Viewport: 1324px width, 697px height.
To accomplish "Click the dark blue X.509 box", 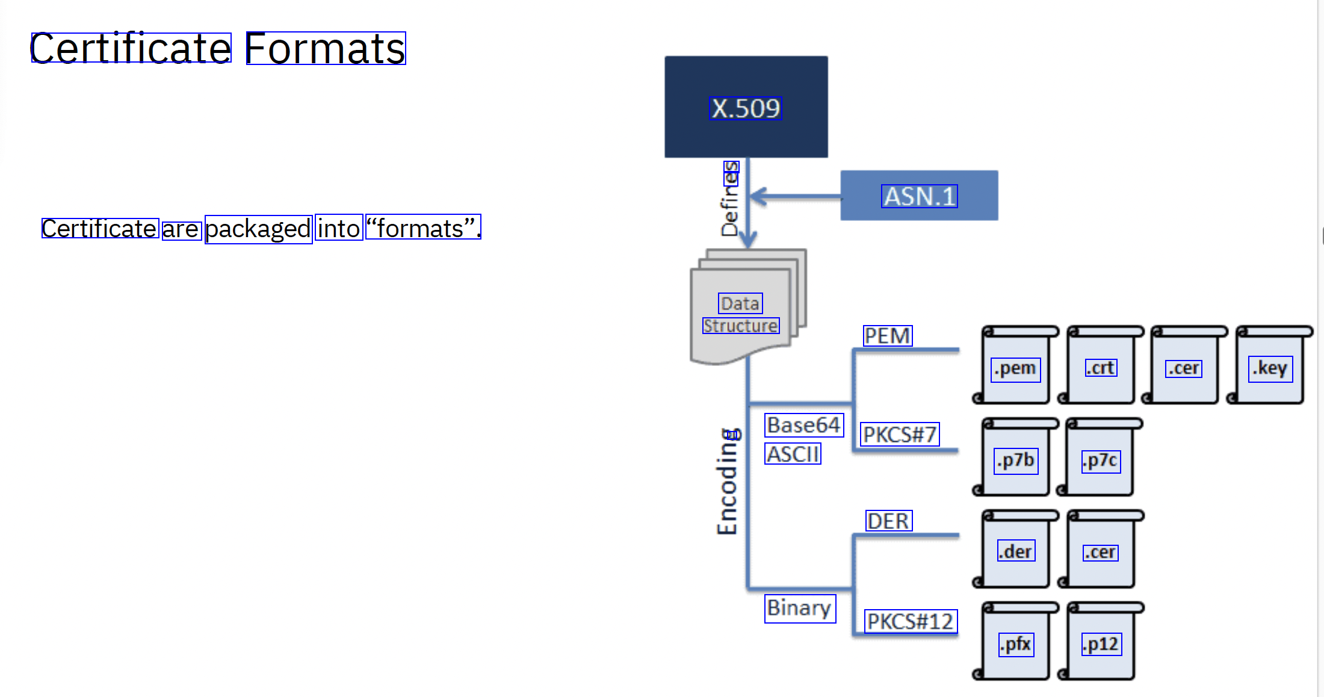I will coord(746,107).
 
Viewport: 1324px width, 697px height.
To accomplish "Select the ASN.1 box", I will coord(919,196).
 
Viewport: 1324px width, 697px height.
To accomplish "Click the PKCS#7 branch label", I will coord(900,434).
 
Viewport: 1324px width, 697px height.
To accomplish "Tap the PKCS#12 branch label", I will coord(911,621).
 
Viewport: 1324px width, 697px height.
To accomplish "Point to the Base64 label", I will coord(804,425).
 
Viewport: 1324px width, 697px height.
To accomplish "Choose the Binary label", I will coord(800,608).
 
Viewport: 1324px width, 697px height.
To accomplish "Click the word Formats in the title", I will coord(326,48).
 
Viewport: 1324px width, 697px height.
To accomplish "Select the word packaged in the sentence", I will coord(258,229).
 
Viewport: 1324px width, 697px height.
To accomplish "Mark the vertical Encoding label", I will coord(728,482).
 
